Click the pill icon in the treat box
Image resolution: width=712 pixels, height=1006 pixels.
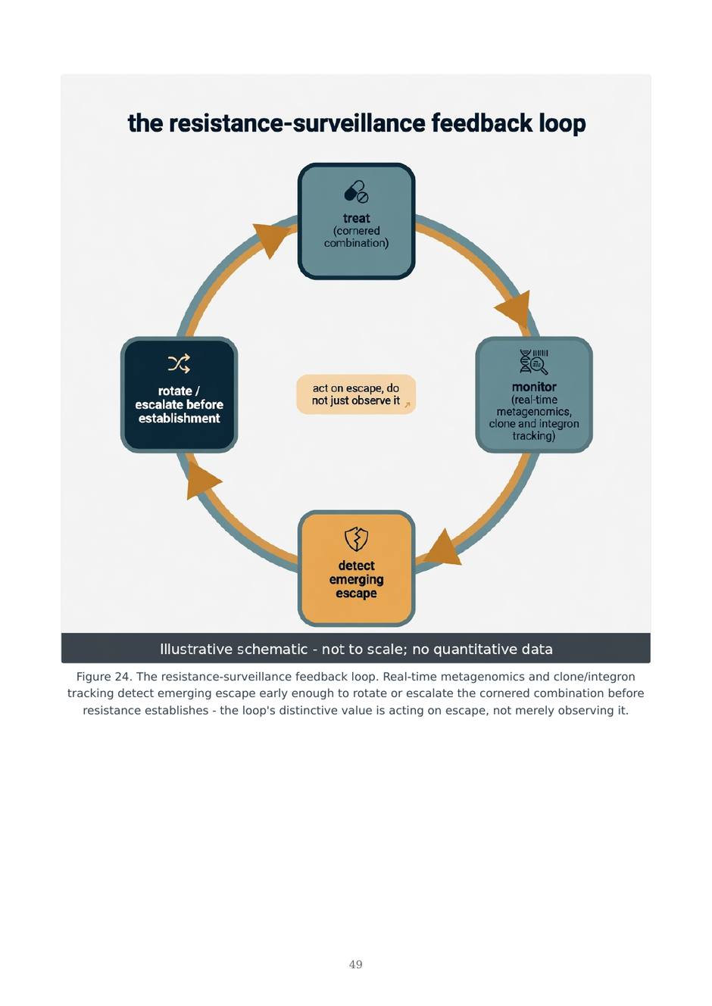click(356, 192)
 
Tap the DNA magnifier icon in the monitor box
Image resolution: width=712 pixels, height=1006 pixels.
click(533, 362)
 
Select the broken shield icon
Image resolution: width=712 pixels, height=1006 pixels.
click(356, 539)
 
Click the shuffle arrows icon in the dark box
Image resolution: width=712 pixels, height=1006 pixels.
click(179, 364)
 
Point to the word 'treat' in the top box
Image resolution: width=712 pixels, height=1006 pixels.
click(356, 218)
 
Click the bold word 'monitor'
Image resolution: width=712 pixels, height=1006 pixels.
click(534, 387)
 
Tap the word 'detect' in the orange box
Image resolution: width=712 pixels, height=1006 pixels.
click(356, 565)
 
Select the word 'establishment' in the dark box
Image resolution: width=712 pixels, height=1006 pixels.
click(179, 419)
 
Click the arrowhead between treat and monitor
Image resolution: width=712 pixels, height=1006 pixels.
click(515, 310)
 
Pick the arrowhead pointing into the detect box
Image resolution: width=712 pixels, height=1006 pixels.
click(442, 547)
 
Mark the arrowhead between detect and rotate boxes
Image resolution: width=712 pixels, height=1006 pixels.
click(201, 481)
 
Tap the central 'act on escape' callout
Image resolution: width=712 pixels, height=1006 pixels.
click(356, 394)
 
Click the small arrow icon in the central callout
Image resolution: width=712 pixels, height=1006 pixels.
click(408, 405)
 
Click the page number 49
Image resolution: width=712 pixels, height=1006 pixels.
click(355, 964)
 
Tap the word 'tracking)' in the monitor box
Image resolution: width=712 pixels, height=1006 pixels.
click(533, 436)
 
